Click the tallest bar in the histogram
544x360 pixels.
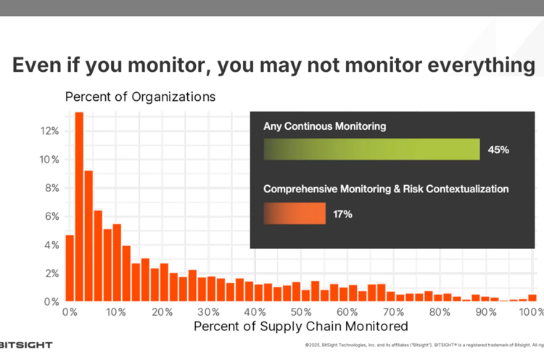point(79,207)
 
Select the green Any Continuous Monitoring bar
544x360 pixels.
point(371,149)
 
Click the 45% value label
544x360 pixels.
point(498,150)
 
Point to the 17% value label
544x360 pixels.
point(342,213)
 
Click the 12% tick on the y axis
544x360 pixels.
point(49,131)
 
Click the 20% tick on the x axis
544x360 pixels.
point(162,312)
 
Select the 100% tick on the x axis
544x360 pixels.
point(532,312)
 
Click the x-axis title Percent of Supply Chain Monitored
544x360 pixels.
point(301,327)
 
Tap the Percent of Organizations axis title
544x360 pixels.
point(140,97)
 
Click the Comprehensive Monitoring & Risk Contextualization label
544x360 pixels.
point(385,189)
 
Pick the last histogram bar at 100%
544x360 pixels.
point(532,297)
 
